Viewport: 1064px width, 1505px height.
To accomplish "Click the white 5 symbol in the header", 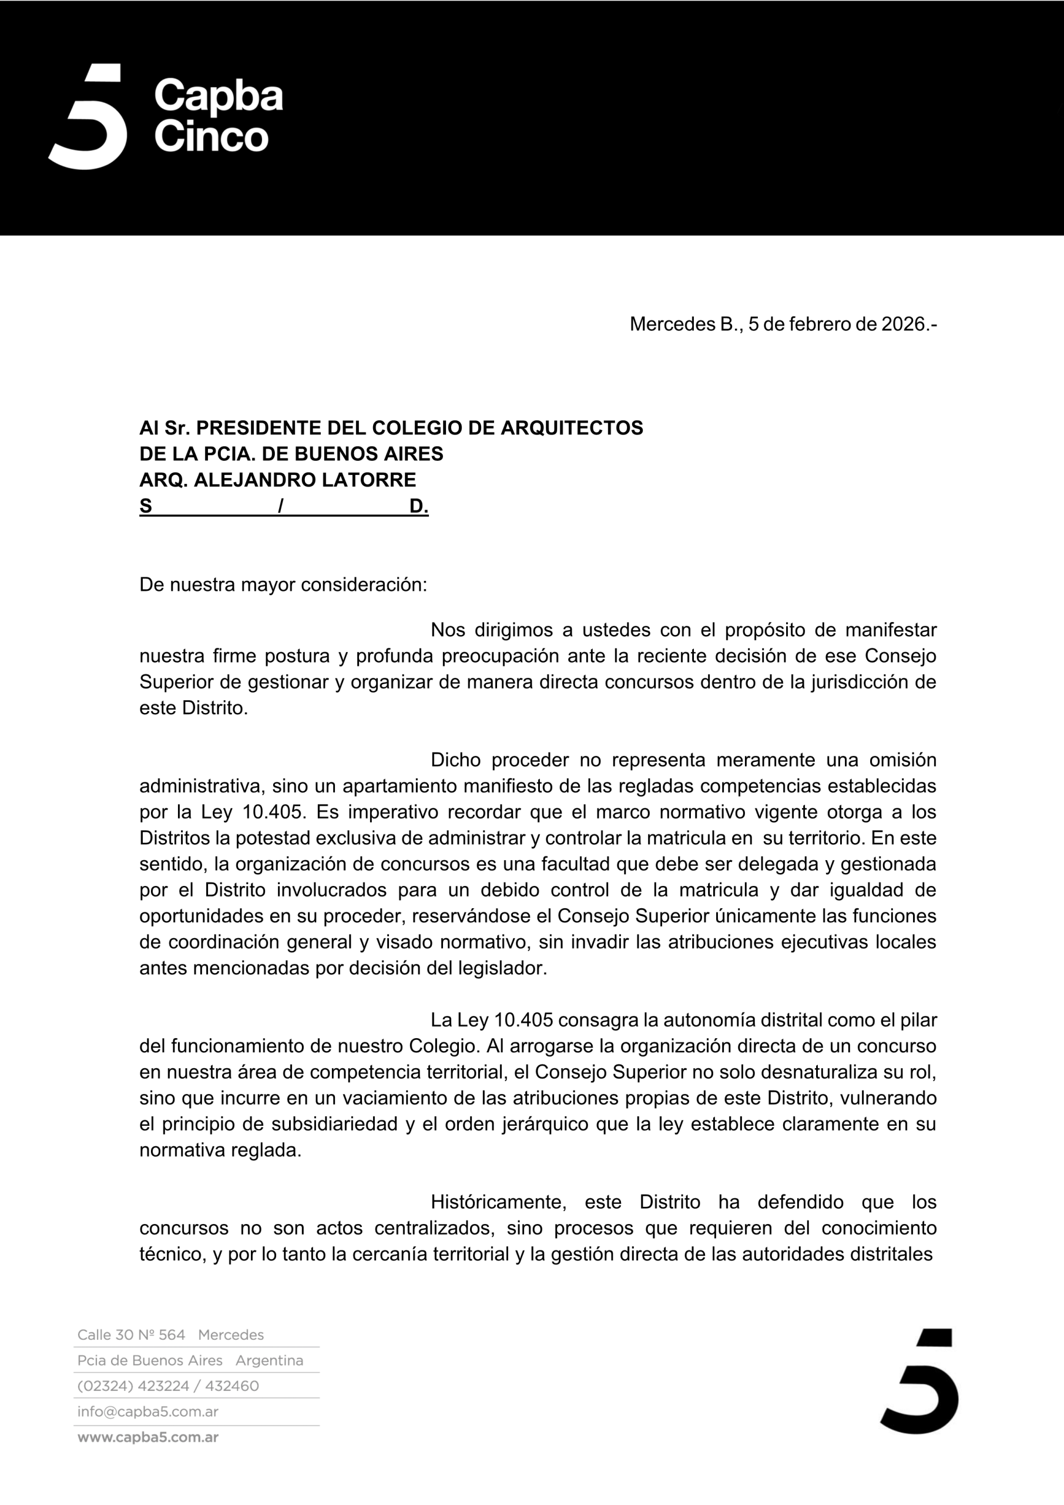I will [89, 118].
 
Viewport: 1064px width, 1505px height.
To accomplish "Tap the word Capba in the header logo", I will [218, 96].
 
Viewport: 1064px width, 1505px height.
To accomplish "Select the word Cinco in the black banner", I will [211, 136].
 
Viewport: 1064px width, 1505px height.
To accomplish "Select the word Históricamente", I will [499, 1202].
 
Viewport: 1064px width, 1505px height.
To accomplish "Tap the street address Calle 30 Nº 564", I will [131, 1335].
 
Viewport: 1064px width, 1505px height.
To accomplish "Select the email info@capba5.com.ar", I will [147, 1412].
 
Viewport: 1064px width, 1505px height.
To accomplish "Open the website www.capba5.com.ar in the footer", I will [147, 1437].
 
